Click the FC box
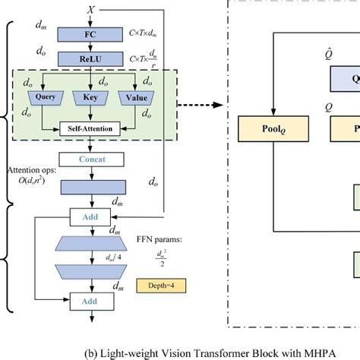tap(90, 35)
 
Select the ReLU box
tap(90, 58)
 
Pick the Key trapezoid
tap(90, 98)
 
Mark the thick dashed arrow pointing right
tap(205, 104)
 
